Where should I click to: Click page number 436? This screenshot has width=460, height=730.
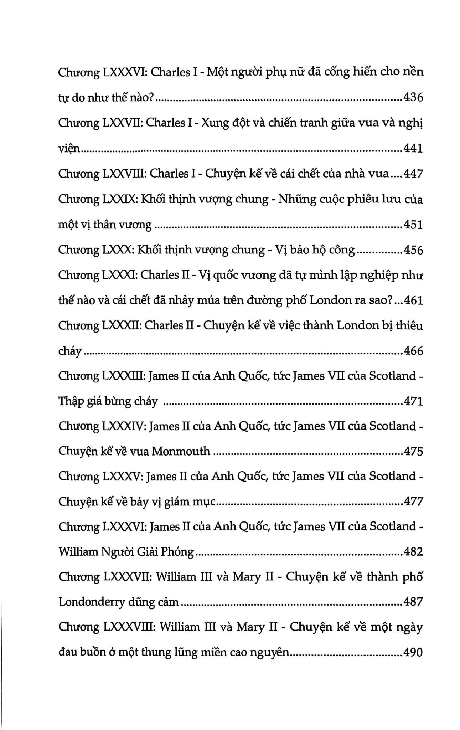click(413, 97)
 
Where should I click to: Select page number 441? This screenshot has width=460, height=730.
click(413, 148)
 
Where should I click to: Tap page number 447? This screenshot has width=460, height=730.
click(413, 174)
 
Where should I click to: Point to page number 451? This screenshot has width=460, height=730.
click(413, 225)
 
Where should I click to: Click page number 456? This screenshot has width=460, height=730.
click(413, 250)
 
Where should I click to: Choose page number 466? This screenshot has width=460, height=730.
click(413, 351)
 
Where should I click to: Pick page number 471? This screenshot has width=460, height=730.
click(413, 402)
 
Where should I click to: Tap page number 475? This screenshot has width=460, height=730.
click(413, 452)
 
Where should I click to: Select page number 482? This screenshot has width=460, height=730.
click(413, 552)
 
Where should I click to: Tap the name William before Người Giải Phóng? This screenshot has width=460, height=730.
click(78, 552)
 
